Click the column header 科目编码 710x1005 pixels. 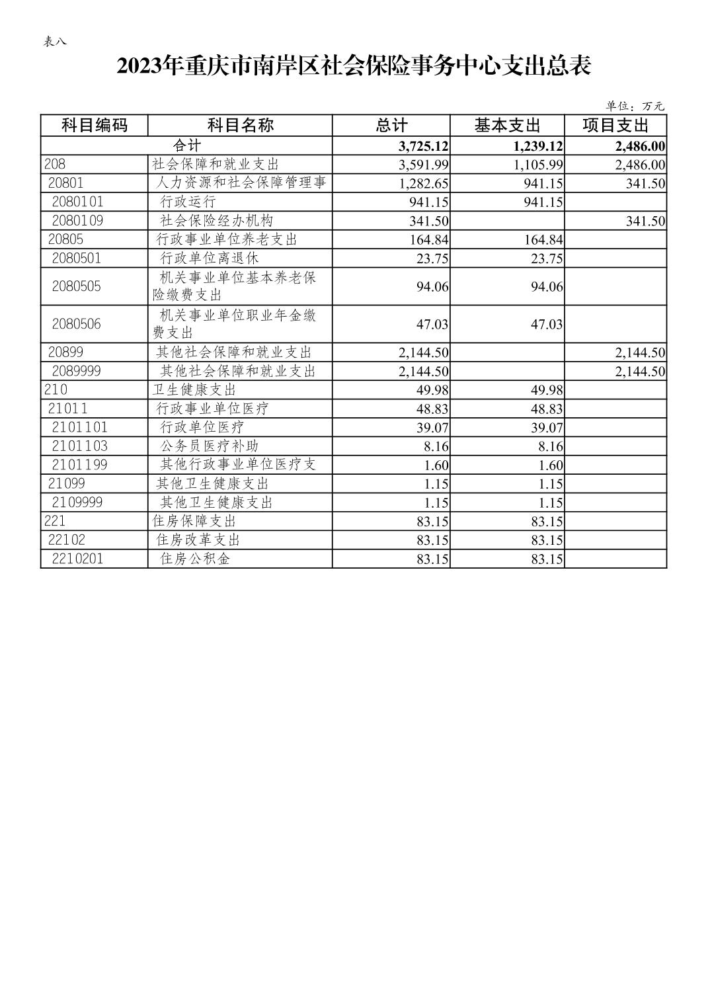pyautogui.click(x=94, y=125)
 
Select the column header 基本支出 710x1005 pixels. pyautogui.click(x=507, y=125)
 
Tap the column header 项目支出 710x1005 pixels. pyautogui.click(x=615, y=125)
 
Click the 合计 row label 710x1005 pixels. pyautogui.click(x=186, y=145)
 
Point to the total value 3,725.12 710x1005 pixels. pyautogui.click(x=424, y=146)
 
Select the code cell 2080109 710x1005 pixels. pyautogui.click(x=77, y=221)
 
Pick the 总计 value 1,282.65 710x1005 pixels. pyautogui.click(x=424, y=183)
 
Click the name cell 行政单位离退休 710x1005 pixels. pyautogui.click(x=209, y=258)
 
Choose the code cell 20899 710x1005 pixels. pyautogui.click(x=65, y=352)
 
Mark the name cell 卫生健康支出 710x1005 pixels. pyautogui.click(x=194, y=390)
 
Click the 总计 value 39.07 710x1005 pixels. pyautogui.click(x=432, y=428)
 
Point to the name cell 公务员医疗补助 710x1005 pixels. pyautogui.click(x=210, y=446)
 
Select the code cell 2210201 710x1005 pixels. pyautogui.click(x=77, y=559)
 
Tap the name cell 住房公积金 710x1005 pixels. pyautogui.click(x=196, y=559)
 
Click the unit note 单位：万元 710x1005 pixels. pyautogui.click(x=635, y=106)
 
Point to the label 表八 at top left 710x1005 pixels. pyautogui.click(x=55, y=42)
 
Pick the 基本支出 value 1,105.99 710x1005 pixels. pyautogui.click(x=538, y=165)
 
